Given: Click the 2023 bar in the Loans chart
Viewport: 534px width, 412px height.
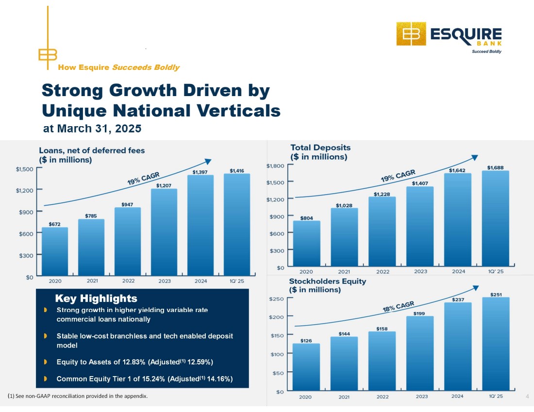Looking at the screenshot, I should point(164,232).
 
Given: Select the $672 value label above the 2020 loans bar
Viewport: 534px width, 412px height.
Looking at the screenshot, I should point(55,224).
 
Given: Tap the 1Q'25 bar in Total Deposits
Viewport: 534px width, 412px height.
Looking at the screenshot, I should point(496,218).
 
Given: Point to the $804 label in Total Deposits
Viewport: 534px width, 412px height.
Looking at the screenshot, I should point(306,218).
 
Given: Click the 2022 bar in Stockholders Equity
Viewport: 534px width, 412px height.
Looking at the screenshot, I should point(382,361).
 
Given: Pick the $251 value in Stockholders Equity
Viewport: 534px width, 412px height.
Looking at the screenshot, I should point(496,294).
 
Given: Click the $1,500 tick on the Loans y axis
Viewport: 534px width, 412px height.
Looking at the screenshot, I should point(25,169).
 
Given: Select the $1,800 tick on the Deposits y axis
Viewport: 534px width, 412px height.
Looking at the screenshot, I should point(275,166).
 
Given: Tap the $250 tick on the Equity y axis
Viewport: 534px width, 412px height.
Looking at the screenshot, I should point(276,299).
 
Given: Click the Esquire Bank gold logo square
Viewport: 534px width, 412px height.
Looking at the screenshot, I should point(411,34).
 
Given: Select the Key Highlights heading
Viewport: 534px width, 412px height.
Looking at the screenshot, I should point(96,298).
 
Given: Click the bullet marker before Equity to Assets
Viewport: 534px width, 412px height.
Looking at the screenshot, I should point(45,362).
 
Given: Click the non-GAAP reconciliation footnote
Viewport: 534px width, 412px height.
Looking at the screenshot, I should point(78,396).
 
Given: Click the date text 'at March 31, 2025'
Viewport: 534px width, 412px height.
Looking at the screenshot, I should point(92,129).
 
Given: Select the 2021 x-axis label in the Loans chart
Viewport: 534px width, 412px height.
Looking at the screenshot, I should point(91,280).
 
